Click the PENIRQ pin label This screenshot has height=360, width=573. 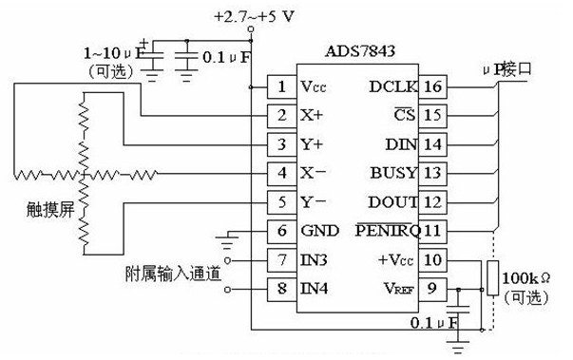click(x=386, y=230)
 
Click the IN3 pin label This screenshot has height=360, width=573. click(x=315, y=259)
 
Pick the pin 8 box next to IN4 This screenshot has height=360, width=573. click(x=281, y=287)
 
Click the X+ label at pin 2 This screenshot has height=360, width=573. click(x=311, y=117)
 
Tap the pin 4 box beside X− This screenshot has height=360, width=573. click(x=281, y=174)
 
